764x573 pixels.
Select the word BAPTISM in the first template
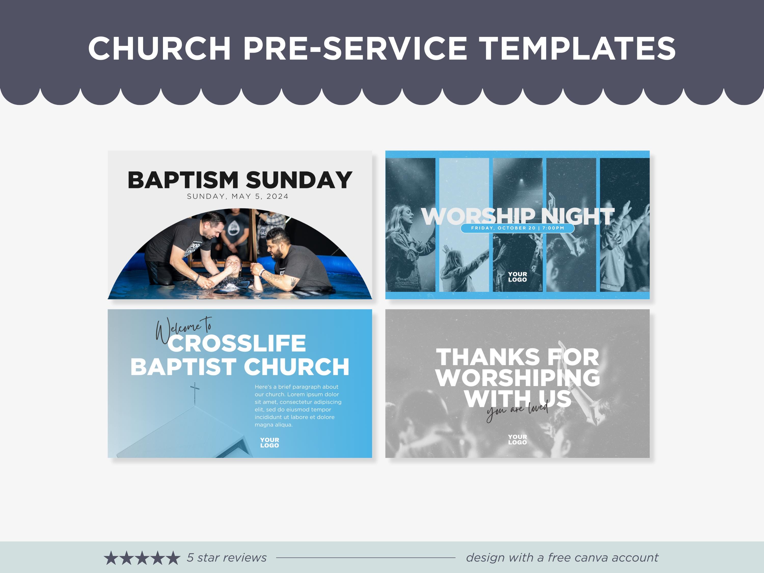pos(183,180)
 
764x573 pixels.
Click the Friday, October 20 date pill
pos(517,228)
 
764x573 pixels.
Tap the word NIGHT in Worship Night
pos(578,216)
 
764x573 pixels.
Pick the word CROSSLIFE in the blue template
pos(237,343)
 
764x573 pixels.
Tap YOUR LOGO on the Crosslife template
pos(269,442)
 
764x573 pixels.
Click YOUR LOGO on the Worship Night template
pos(517,277)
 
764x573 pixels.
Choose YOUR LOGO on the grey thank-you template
pos(517,439)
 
